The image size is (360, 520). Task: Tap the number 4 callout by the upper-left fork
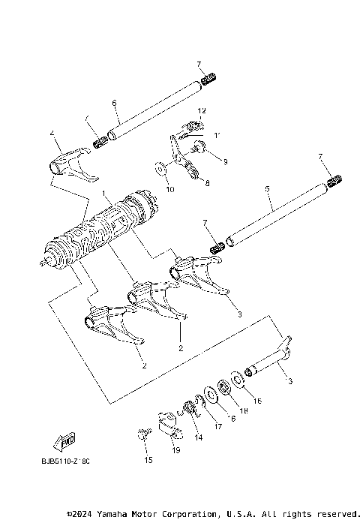coord(52,134)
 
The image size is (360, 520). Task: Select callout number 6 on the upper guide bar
coord(114,103)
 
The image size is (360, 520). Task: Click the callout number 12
coord(201,110)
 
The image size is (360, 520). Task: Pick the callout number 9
coord(224,161)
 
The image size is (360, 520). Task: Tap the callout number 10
coord(169,189)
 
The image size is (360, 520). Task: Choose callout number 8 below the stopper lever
coord(207,182)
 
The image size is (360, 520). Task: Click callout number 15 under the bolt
coord(148,460)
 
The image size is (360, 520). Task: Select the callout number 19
coord(175,450)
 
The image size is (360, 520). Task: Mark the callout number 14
coord(198,437)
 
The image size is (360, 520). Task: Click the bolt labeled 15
coord(144,434)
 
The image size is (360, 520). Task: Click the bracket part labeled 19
coord(168,425)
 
